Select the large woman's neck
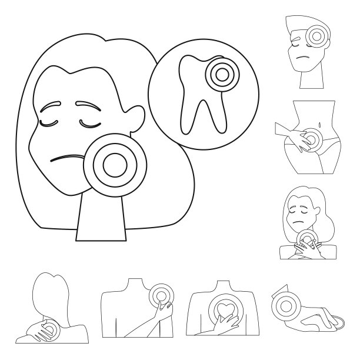pos(101,218)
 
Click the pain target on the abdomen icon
pos(310,139)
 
